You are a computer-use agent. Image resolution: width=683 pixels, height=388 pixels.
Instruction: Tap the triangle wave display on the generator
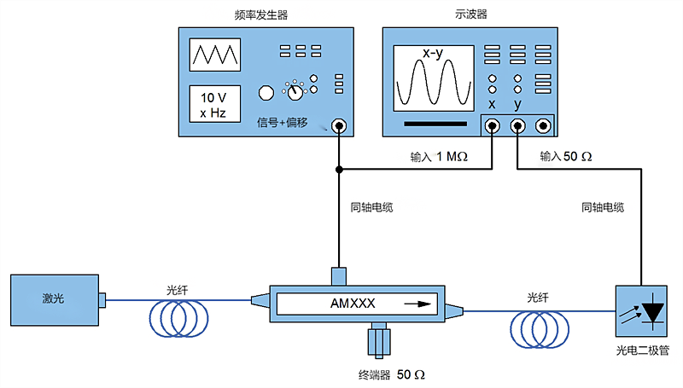click(214, 55)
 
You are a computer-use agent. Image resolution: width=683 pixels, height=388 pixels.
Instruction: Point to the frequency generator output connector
click(340, 127)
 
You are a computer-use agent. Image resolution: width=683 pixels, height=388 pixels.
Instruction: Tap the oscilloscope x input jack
click(493, 127)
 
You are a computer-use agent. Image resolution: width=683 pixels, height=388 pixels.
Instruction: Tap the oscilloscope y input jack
click(517, 127)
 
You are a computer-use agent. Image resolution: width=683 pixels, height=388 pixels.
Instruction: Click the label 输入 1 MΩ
click(440, 158)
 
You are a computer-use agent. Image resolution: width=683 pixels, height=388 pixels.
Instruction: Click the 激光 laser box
click(54, 298)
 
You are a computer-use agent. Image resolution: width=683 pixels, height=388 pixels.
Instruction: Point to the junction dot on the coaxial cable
click(340, 171)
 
